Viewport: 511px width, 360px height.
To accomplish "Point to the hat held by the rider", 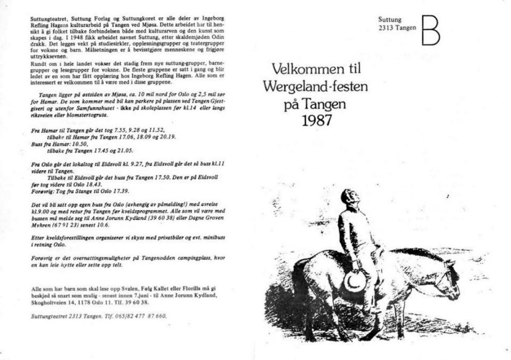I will tap(354, 280).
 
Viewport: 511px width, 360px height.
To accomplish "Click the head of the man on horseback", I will tap(348, 197).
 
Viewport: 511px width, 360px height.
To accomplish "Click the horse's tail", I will tap(299, 286).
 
